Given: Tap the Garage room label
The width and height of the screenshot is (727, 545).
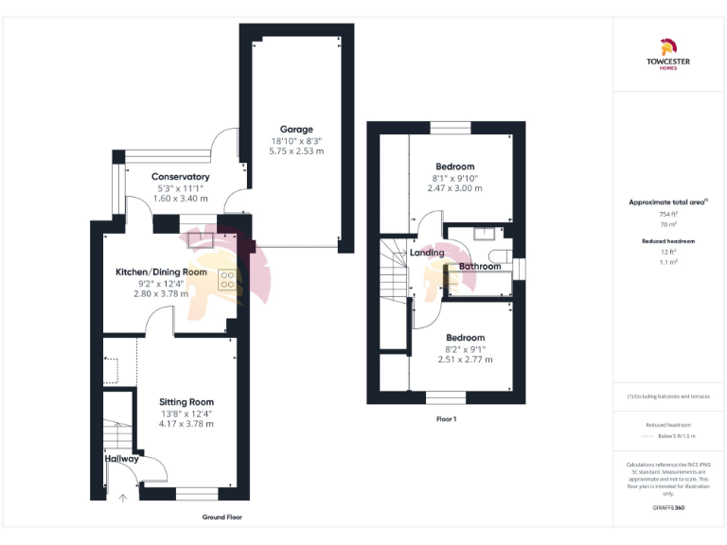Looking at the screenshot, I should [x=295, y=130].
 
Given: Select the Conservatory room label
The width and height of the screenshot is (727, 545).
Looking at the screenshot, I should [x=180, y=177].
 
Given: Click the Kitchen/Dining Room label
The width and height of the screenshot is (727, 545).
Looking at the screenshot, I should [x=161, y=272].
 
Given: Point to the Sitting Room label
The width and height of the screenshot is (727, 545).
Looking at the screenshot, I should [x=186, y=401].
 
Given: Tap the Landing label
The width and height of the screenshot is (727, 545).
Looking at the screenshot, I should [x=427, y=253].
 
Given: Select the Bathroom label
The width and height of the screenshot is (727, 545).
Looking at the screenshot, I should [x=480, y=267].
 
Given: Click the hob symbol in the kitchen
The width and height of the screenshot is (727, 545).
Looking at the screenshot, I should [x=227, y=278].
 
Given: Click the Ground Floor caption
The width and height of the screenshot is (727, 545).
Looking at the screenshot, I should [x=222, y=518].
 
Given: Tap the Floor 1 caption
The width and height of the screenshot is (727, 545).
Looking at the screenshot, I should [x=447, y=418].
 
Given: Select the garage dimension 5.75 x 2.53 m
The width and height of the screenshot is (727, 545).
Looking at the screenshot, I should [x=295, y=151].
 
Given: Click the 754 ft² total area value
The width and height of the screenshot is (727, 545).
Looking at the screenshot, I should [x=668, y=215].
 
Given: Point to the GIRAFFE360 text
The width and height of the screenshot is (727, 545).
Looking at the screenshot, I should [x=668, y=508].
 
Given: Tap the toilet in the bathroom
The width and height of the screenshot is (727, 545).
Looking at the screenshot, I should [x=502, y=255].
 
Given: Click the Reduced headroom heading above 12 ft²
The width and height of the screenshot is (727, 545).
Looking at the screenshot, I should [x=668, y=241].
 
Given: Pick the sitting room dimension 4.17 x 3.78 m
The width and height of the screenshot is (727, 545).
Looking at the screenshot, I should [x=186, y=424].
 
